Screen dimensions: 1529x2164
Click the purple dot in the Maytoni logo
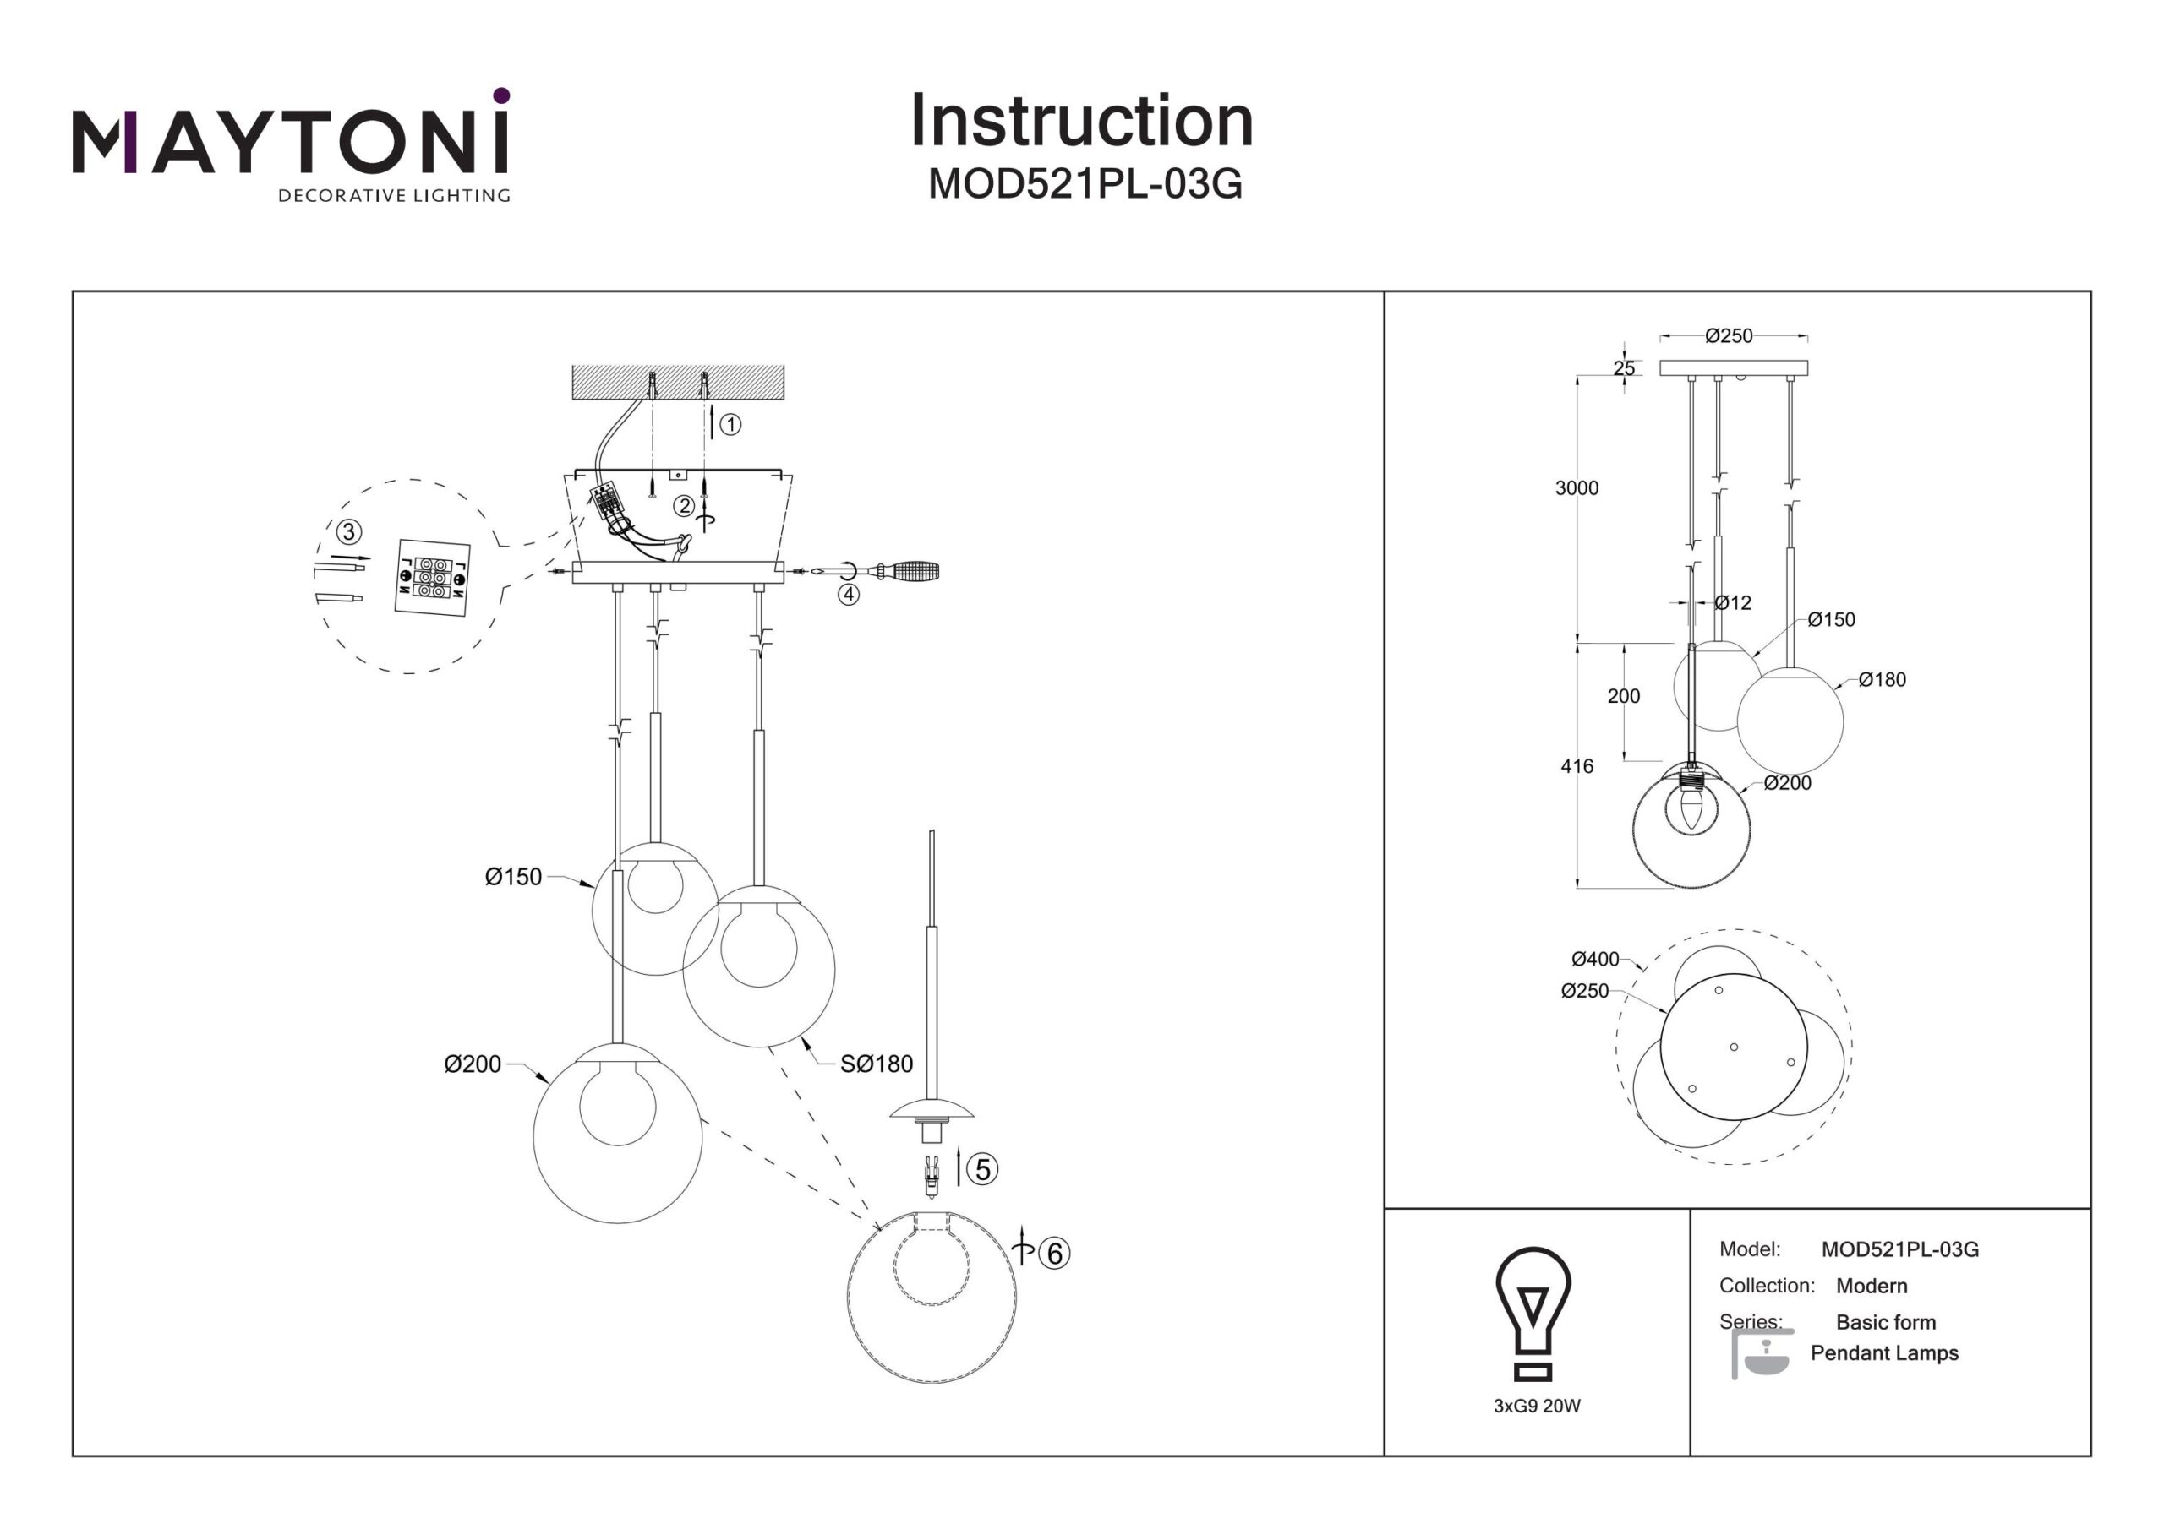point(501,95)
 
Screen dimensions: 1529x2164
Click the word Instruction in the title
point(1081,121)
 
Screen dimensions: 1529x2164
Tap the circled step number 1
point(730,425)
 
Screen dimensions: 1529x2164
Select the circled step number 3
point(349,532)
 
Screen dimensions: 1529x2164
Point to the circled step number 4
point(850,595)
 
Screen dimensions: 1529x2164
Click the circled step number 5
point(983,1170)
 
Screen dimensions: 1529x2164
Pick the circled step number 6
point(1055,1254)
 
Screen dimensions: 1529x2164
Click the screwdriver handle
point(915,571)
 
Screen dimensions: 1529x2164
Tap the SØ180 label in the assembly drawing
point(877,1064)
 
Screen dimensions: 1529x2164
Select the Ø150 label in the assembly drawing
point(514,877)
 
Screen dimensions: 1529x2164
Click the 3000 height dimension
point(1577,488)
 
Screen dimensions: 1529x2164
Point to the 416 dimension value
point(1577,767)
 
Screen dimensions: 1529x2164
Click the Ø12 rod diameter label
point(1732,603)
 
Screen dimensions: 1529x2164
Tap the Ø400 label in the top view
point(1595,959)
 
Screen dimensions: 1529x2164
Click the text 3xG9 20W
point(1536,1407)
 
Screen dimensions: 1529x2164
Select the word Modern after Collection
point(1871,1286)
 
